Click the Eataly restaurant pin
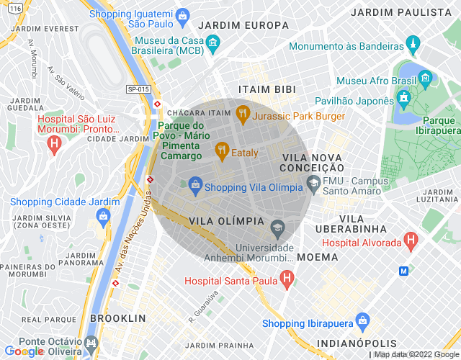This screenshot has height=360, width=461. tap(222, 151)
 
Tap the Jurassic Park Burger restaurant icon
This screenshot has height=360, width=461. tap(242, 114)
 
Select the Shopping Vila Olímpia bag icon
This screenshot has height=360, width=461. tap(194, 186)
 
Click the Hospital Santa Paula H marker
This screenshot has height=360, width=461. tap(287, 278)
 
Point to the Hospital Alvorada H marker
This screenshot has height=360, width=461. tap(411, 240)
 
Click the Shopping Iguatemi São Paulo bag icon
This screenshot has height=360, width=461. tap(183, 15)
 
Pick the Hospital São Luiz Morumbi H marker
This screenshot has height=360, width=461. tap(53, 145)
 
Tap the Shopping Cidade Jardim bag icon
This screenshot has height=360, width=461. tap(104, 215)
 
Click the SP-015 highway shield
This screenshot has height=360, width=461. tap(138, 89)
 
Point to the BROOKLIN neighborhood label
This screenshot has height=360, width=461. tap(118, 318)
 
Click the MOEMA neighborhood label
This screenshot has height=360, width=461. tap(317, 256)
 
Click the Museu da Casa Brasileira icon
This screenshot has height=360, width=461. tap(212, 45)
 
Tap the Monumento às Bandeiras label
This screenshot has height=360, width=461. tap(346, 46)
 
